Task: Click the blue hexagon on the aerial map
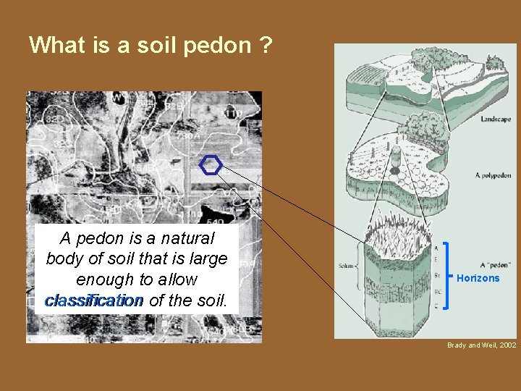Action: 211,165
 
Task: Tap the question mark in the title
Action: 266,46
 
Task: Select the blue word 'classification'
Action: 93,300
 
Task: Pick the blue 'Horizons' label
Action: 478,279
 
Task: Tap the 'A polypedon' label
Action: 493,175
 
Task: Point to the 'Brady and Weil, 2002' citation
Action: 481,346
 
